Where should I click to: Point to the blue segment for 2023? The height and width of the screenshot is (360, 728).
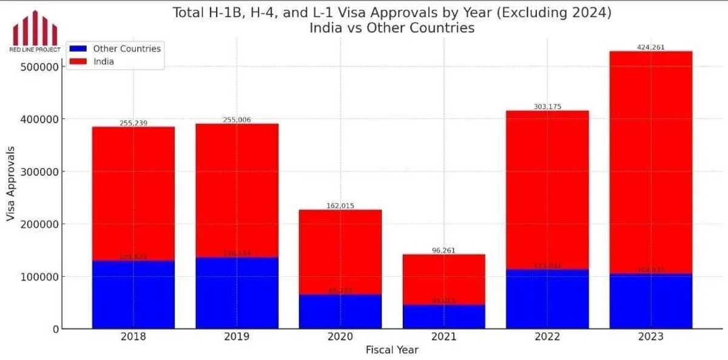[650, 301]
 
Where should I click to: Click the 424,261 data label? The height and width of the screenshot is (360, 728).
[650, 47]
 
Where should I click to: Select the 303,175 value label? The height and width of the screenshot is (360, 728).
[547, 106]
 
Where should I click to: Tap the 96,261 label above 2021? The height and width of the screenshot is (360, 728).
[443, 250]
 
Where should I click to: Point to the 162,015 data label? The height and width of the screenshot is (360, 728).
[340, 206]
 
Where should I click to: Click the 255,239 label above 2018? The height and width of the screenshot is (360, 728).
[133, 123]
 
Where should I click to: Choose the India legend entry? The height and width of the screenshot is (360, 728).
[104, 61]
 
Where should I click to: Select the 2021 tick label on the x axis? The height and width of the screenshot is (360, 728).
[443, 336]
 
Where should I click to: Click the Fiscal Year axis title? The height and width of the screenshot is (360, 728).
[392, 350]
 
